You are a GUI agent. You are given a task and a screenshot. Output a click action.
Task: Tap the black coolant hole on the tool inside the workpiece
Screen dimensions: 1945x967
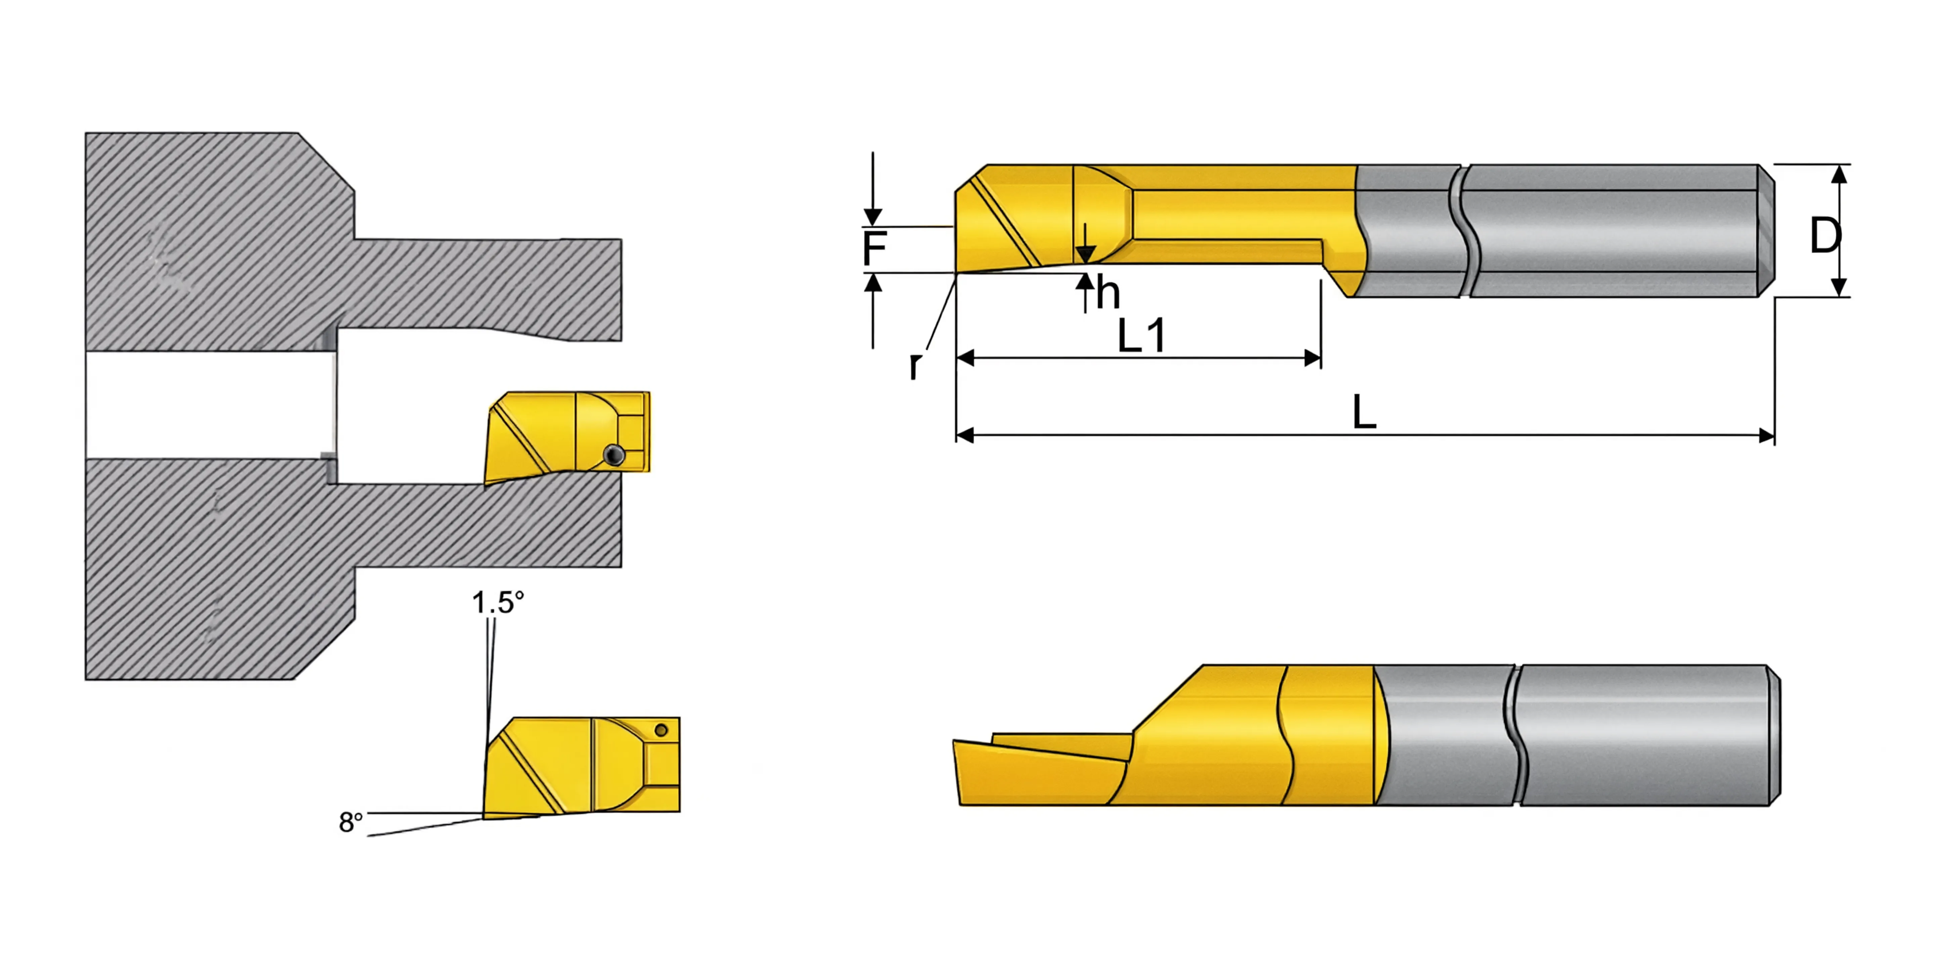click(615, 454)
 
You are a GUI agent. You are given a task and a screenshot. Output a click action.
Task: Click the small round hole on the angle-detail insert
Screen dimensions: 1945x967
click(662, 730)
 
